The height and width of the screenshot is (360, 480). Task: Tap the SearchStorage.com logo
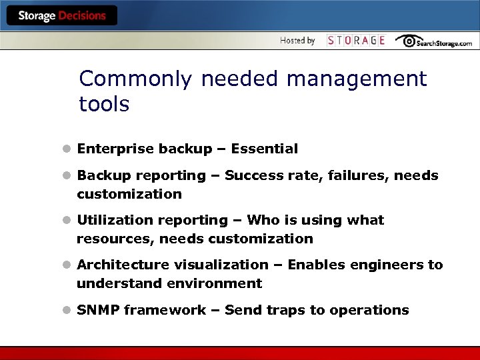coord(433,41)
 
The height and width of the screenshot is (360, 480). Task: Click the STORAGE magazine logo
coord(356,41)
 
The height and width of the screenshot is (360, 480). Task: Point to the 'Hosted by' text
coord(297,41)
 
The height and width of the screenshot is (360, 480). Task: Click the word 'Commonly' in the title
coord(135,79)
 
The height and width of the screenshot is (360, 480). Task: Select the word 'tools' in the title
coord(104,105)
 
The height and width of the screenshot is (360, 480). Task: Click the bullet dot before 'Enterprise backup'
coord(67,149)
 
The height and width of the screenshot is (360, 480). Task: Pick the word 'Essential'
coord(265,149)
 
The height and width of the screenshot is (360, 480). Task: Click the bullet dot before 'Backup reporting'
coord(67,176)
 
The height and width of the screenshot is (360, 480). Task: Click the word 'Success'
coord(250,176)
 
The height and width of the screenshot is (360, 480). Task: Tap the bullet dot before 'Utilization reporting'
coord(67,221)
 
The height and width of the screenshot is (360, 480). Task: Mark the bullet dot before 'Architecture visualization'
coord(67,265)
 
